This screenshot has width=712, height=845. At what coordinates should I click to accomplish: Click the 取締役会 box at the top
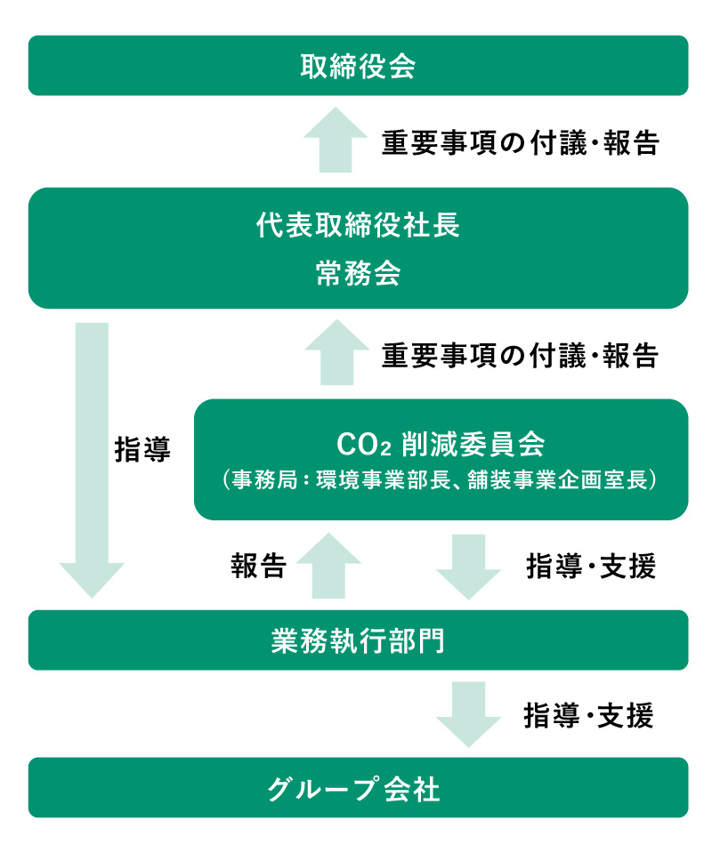coord(358,66)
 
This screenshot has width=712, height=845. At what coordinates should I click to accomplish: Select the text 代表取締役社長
coord(358,226)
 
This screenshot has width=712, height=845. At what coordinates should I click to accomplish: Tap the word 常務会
coord(358,274)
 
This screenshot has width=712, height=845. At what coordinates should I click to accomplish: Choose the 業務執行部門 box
coord(358,640)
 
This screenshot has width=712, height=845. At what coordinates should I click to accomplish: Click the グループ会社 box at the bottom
coord(358,788)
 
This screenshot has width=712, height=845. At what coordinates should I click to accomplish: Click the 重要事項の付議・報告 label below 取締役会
coord(520,143)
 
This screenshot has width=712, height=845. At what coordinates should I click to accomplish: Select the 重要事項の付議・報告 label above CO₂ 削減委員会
coord(520,356)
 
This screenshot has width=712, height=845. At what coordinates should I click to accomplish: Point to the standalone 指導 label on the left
coord(142,449)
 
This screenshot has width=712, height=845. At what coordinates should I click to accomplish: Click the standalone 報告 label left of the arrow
coord(258,567)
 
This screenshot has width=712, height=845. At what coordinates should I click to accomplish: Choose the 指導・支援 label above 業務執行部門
coord(591,567)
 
